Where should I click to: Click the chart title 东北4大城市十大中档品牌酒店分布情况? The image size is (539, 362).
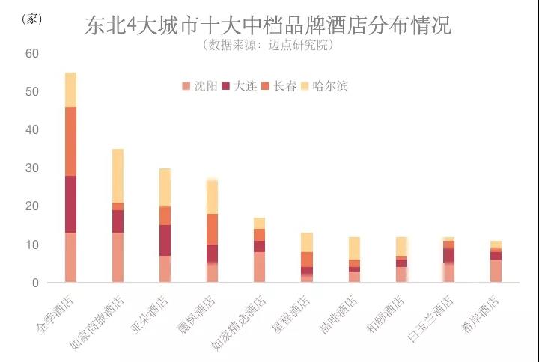coord(268,26)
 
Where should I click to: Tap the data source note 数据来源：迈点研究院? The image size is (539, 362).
coord(268,45)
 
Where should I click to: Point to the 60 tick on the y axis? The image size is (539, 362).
coord(31,54)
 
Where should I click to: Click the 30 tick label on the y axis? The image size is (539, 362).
coord(31,168)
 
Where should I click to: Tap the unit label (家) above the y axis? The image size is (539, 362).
coord(32,19)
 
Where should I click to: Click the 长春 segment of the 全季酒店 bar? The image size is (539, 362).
coord(71,141)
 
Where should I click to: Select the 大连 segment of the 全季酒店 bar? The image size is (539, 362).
coord(71,204)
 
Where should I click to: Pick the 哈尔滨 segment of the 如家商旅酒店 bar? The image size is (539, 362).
coord(118,176)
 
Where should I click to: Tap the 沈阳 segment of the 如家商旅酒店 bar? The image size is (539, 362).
coord(118,257)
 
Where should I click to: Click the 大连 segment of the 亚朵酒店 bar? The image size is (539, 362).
coord(165,240)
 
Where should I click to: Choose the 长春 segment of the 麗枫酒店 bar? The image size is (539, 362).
coord(212,229)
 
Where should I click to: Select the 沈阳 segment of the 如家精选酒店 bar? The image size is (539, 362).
coord(259,267)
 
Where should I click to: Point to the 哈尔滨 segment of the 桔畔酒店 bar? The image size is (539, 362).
coord(353,248)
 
